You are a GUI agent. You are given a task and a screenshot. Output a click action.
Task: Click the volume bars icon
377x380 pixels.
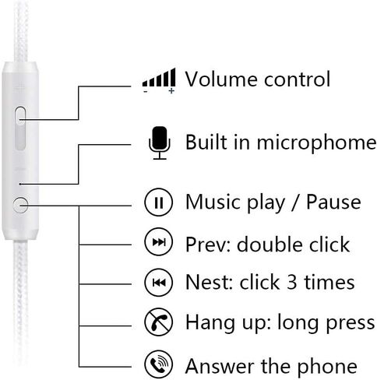coord(159,78)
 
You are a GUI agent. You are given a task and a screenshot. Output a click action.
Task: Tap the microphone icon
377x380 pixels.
coord(160,142)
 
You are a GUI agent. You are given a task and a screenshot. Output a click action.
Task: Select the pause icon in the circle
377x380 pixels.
coord(158,202)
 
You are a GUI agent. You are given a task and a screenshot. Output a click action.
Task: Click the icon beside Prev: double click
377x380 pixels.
coord(158,242)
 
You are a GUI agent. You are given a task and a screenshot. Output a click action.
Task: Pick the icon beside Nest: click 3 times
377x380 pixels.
coord(158,283)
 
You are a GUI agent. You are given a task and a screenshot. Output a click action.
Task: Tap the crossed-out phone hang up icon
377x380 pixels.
coord(158,322)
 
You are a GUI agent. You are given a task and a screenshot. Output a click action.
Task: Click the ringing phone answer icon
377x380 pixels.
coord(158,364)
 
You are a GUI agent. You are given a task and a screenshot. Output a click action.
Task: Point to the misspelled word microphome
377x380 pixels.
coord(316,143)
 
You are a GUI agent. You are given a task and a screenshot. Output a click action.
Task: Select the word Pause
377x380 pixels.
coord(333,202)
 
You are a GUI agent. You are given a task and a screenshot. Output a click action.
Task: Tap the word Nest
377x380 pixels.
coord(209,282)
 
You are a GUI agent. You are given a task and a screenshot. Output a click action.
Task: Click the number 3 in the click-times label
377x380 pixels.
coord(292,282)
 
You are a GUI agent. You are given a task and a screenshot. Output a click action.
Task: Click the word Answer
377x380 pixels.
coord(220,365)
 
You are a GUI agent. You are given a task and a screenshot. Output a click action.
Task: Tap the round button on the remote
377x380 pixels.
coord(20,205)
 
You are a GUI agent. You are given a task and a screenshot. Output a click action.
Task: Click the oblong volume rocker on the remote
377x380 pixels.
coord(20,128)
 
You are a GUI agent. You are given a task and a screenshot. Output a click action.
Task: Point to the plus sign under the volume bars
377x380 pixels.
coord(171,91)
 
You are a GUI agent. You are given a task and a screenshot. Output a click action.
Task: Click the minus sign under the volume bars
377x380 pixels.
coord(146,91)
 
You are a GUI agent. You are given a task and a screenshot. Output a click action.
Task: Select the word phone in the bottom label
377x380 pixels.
coord(327,367)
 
